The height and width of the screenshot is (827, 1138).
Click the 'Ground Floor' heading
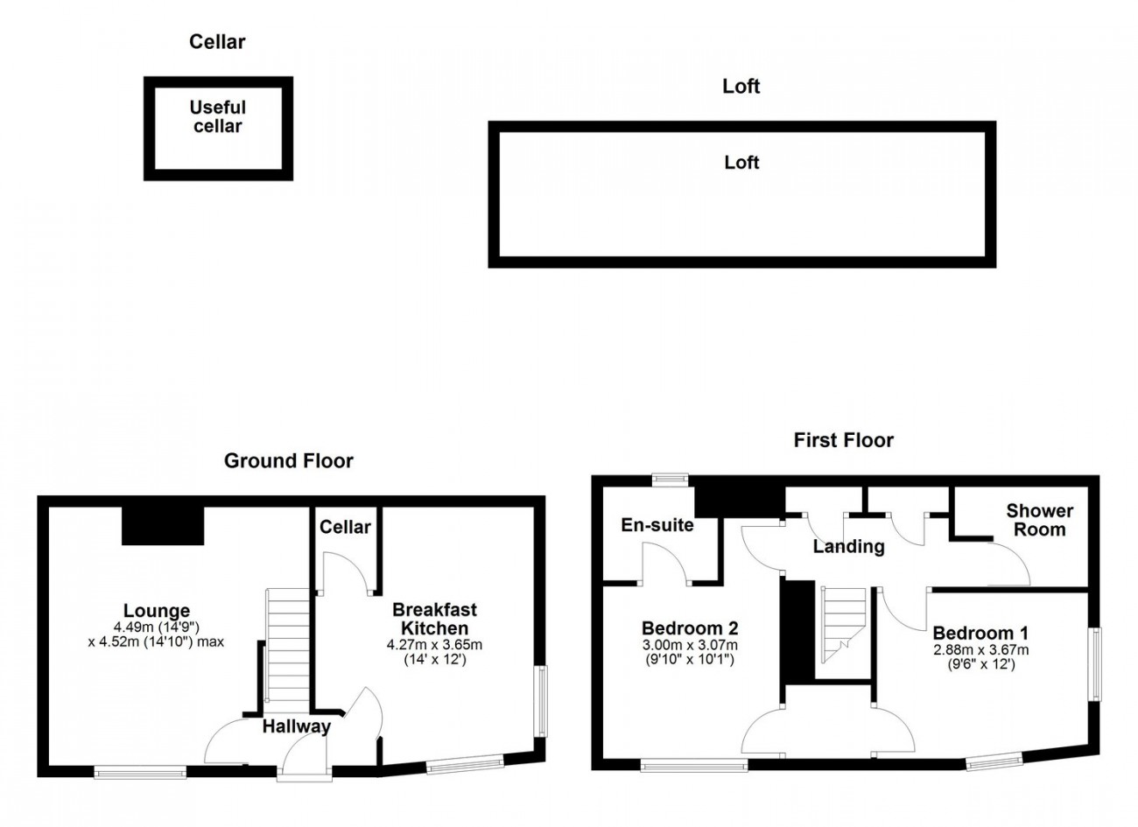[289, 460]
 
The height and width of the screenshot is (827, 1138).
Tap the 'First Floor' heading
[843, 440]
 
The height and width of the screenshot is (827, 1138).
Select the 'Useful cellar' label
[217, 117]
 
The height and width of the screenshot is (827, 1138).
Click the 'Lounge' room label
[157, 610]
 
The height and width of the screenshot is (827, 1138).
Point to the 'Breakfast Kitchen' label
[434, 618]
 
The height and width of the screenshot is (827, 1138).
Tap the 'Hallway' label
[296, 726]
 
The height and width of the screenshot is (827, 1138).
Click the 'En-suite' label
[657, 525]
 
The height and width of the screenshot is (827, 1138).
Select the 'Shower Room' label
[1039, 520]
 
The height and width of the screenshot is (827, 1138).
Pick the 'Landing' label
[849, 547]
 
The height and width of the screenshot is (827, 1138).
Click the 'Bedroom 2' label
[690, 628]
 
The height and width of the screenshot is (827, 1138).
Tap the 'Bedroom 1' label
[981, 634]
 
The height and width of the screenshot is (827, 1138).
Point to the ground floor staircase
[287, 645]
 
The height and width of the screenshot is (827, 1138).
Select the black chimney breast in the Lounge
[163, 526]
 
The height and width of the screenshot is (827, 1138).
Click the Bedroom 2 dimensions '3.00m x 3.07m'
[690, 645]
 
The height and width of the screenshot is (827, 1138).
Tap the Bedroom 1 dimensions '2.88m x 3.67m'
[981, 649]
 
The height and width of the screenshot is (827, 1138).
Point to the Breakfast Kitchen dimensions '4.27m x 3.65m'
[434, 645]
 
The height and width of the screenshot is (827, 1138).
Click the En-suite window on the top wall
[670, 479]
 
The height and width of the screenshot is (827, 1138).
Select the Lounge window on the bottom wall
[140, 773]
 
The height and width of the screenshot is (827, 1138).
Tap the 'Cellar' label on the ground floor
[345, 528]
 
